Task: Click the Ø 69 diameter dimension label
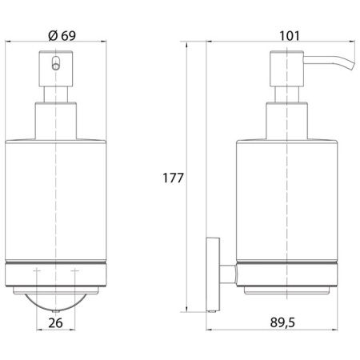(62, 35)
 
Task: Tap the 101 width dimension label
(290, 36)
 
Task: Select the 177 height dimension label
(173, 178)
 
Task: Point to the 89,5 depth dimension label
(282, 322)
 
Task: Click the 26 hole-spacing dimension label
(55, 323)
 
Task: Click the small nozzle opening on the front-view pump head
(56, 63)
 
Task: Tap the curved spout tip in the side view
(351, 66)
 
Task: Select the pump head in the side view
(286, 69)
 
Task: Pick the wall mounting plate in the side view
(213, 274)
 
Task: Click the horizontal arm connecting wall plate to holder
(228, 274)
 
